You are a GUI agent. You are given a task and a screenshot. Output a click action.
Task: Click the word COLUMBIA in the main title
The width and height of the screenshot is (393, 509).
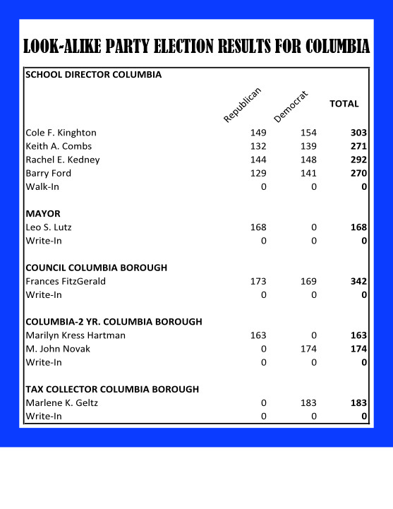(329, 47)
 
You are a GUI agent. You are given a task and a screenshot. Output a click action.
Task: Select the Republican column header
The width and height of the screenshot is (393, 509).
(243, 104)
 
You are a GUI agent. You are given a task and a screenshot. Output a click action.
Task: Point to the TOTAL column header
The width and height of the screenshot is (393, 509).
(344, 104)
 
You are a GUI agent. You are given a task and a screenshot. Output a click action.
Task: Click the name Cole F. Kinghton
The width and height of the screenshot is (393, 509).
(61, 133)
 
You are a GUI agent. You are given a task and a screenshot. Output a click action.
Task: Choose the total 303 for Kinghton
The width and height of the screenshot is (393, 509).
(359, 133)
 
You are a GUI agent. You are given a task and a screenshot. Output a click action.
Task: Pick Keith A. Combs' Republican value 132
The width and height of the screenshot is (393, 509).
(258, 146)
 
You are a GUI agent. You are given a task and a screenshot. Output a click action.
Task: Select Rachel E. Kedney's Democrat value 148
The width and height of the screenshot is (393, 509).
(308, 160)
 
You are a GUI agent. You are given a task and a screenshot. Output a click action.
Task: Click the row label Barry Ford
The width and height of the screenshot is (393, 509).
(48, 173)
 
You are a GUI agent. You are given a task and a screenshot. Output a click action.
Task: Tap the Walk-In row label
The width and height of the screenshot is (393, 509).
(42, 186)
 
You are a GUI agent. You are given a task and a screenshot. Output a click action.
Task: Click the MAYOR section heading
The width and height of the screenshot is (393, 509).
(43, 213)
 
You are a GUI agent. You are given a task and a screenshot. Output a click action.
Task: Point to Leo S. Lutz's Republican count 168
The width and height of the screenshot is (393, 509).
(258, 227)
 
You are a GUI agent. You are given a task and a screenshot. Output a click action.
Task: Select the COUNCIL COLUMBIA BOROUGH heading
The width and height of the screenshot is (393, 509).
(97, 268)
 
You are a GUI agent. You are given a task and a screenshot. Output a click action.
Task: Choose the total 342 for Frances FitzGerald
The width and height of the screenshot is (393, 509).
(359, 282)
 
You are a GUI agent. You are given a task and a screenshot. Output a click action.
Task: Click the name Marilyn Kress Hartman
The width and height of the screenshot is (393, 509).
(75, 335)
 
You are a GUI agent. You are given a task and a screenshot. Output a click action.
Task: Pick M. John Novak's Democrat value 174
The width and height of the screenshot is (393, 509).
(308, 349)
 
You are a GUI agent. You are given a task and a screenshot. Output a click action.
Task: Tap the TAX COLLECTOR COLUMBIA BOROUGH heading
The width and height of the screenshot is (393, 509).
(112, 389)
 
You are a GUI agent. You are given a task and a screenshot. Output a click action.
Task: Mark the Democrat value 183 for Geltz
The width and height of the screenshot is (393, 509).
(308, 403)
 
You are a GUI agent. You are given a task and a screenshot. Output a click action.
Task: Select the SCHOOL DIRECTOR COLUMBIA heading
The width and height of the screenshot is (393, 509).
(94, 74)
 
